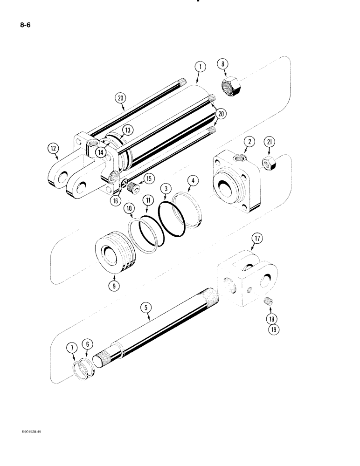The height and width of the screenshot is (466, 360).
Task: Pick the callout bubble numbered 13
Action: point(127,129)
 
